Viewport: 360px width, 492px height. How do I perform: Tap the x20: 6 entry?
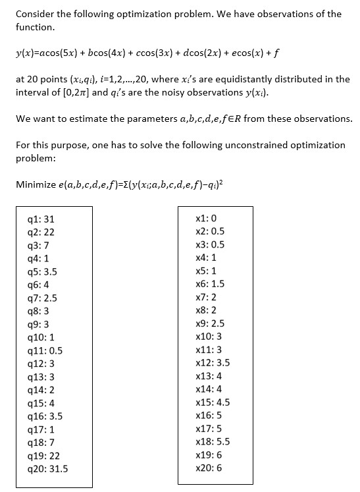209,468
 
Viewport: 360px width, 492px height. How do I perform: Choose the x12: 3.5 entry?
213,363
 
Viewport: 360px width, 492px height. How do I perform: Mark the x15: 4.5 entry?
213,402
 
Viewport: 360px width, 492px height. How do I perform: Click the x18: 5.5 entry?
213,442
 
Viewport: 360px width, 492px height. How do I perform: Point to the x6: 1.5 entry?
210,284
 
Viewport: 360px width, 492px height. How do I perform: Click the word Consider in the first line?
36,14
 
